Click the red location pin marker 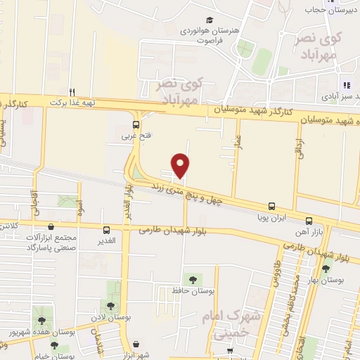pos(181,165)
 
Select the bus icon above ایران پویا pos(271,207)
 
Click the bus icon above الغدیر pos(106,229)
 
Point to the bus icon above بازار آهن pos(310,220)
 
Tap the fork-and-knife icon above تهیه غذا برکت pos(72,91)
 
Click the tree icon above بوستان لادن pos(110,305)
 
